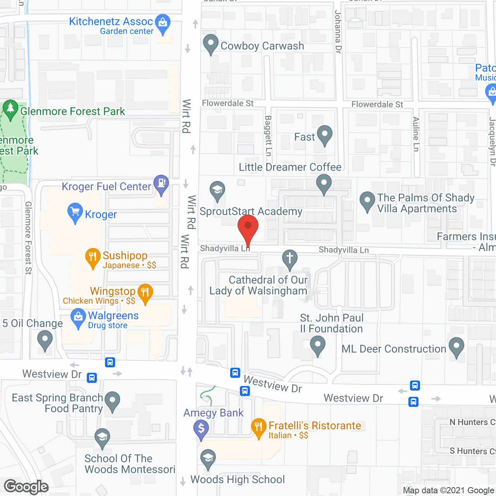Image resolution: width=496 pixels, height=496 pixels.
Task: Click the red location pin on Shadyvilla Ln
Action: coord(248,227)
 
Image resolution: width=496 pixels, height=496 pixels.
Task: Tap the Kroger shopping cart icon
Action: coord(75,212)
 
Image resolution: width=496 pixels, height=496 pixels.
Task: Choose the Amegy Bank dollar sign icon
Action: coord(201,429)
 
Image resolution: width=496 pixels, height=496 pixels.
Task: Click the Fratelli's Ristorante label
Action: coord(315,426)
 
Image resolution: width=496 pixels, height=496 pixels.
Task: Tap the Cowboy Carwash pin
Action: coord(211,43)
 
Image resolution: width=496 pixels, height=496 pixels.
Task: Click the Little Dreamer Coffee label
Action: coord(290,167)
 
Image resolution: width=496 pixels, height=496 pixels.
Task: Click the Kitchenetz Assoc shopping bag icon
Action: coord(163,23)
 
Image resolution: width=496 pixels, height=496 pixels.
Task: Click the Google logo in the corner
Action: coord(26,487)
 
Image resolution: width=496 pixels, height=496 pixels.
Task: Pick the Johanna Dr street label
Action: coord(338,32)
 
